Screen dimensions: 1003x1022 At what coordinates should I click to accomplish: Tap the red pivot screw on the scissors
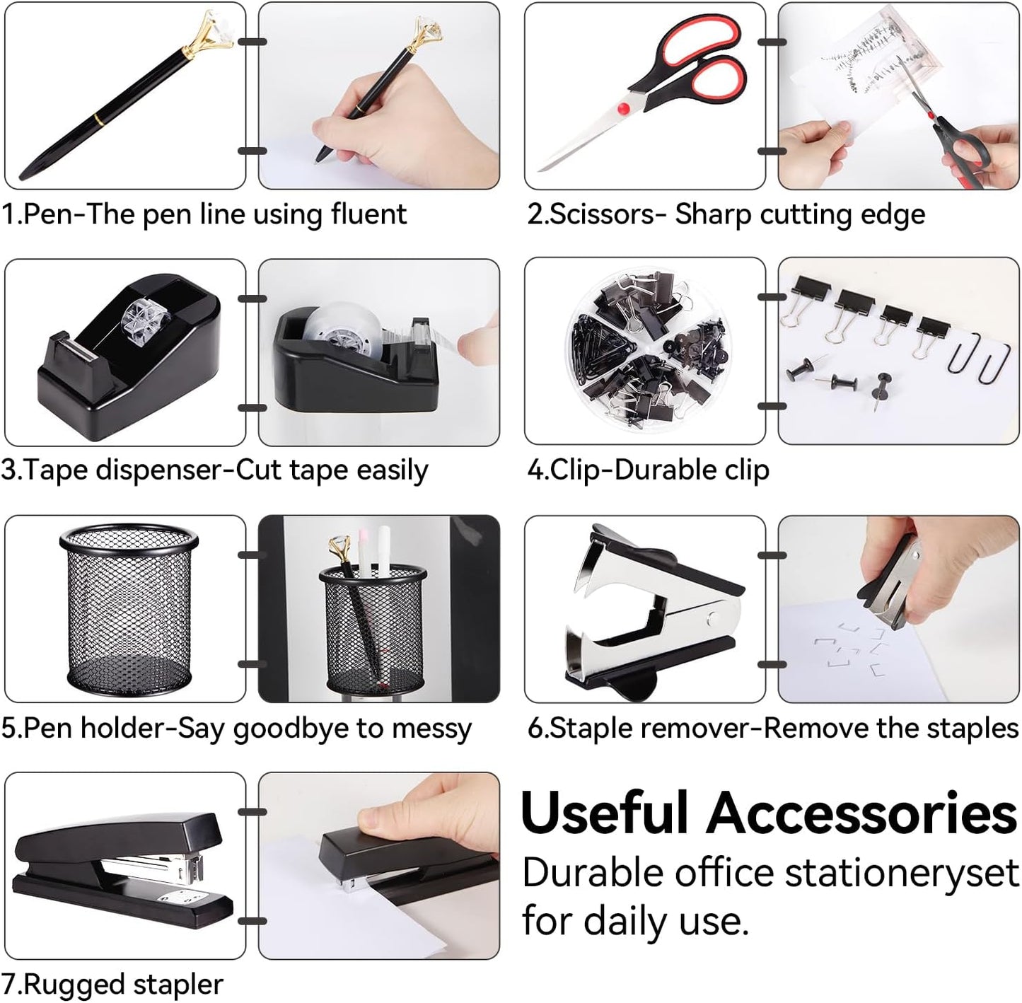(623, 109)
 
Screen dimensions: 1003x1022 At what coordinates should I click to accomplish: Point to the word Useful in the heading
(604, 813)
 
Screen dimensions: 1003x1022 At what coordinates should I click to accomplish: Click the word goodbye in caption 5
(291, 729)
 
